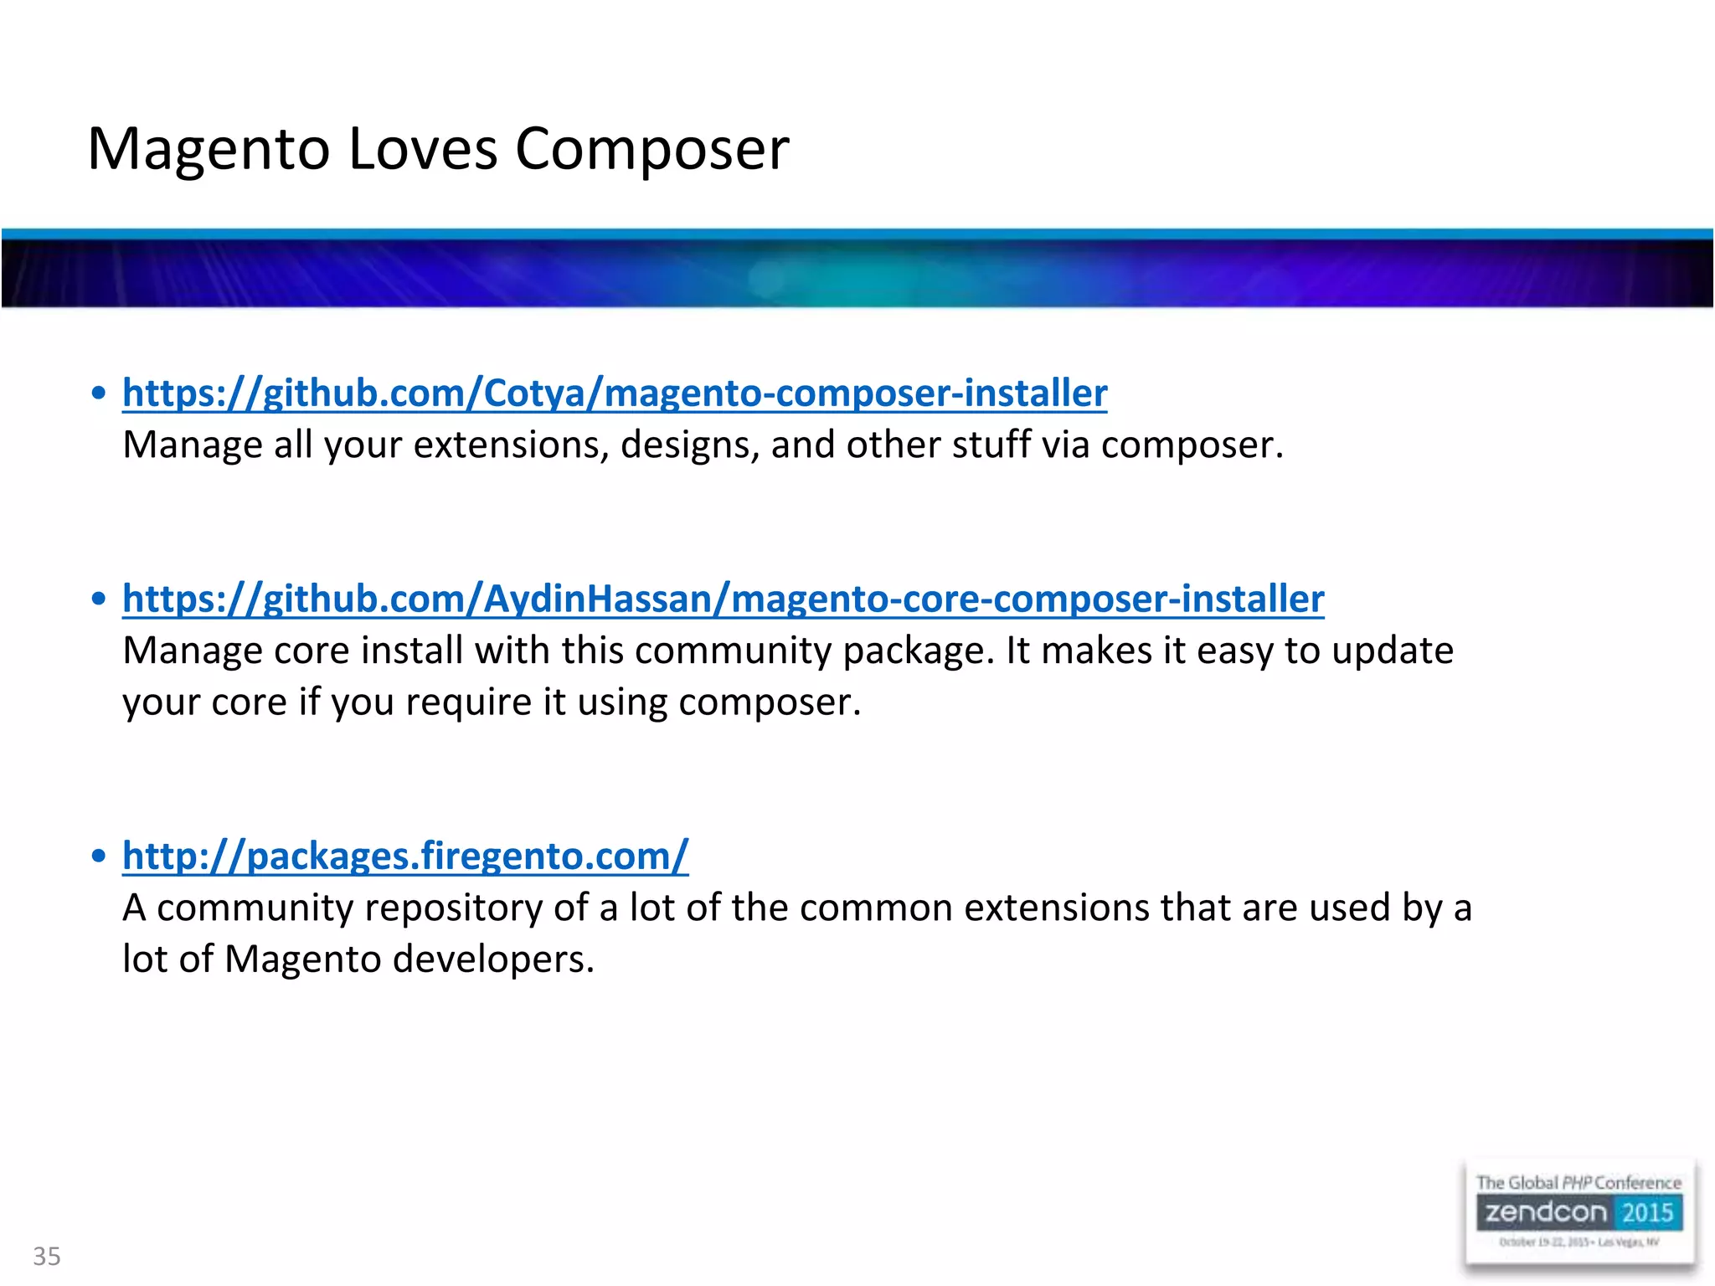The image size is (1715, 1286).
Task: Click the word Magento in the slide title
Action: [x=209, y=149]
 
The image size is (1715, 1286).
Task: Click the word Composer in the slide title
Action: [x=651, y=149]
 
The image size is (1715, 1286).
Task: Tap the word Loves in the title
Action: [x=423, y=149]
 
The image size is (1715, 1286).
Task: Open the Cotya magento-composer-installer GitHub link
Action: [x=615, y=393]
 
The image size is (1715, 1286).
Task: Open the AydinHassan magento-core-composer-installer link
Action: [x=724, y=599]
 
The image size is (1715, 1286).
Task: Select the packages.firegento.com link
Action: [x=405, y=856]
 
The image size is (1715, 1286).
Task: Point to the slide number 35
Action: [x=47, y=1256]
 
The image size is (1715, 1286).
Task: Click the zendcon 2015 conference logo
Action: [x=1579, y=1212]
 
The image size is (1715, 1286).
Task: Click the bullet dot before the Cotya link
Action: [x=99, y=393]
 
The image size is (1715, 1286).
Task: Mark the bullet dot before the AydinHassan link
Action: [x=99, y=599]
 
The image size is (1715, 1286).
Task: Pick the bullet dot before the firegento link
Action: [x=99, y=856]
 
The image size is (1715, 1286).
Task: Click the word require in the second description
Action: [x=469, y=702]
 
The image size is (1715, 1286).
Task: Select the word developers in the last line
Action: [x=492, y=959]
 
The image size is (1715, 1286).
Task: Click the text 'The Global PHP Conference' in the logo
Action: [x=1579, y=1182]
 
